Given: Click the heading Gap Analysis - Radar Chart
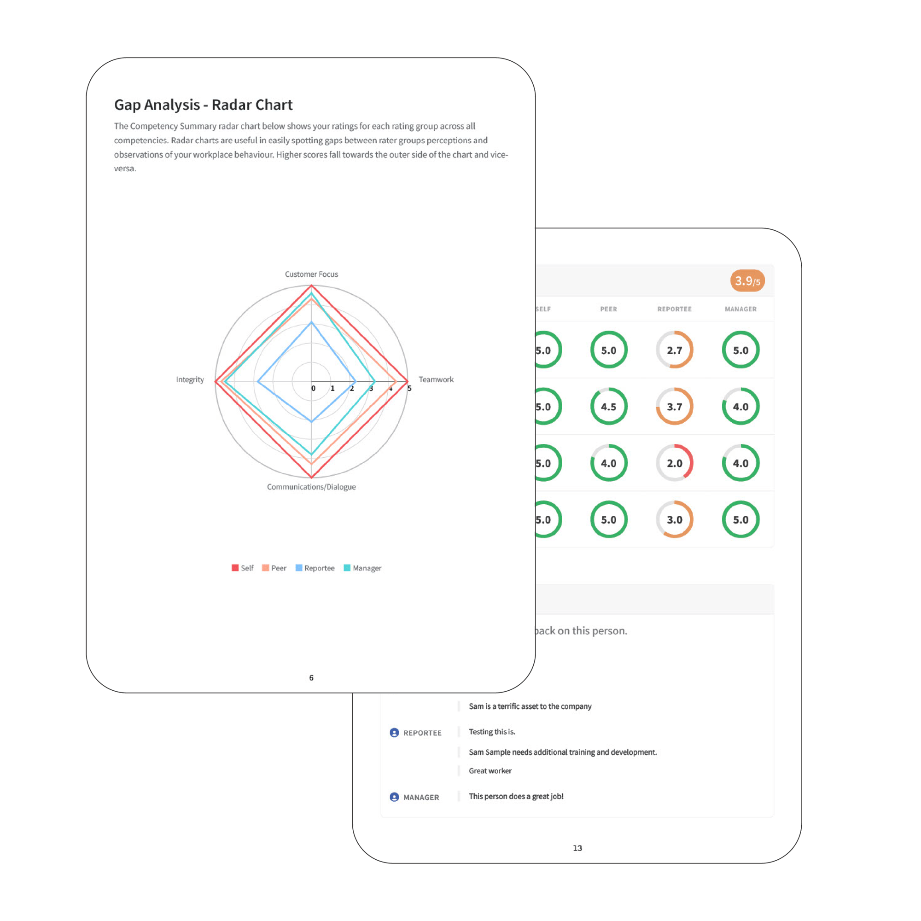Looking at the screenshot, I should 203,105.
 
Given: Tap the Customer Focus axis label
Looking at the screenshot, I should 311,274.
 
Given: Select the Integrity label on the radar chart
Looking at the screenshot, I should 190,379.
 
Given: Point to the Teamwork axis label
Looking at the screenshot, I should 436,379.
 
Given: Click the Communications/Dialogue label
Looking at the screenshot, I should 311,487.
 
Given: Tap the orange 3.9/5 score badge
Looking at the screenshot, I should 747,281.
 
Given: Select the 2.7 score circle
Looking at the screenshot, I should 674,350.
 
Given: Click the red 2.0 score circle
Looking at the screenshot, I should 674,463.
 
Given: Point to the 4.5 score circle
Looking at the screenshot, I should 608,407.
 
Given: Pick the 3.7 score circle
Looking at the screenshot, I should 674,407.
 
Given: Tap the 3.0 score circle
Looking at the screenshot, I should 674,519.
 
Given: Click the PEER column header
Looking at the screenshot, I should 608,309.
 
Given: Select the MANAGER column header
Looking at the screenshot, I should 740,309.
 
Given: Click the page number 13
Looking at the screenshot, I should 577,848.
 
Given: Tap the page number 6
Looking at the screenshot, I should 311,677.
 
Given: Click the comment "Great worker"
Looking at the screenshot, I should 490,771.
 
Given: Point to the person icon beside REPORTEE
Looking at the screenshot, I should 394,733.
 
